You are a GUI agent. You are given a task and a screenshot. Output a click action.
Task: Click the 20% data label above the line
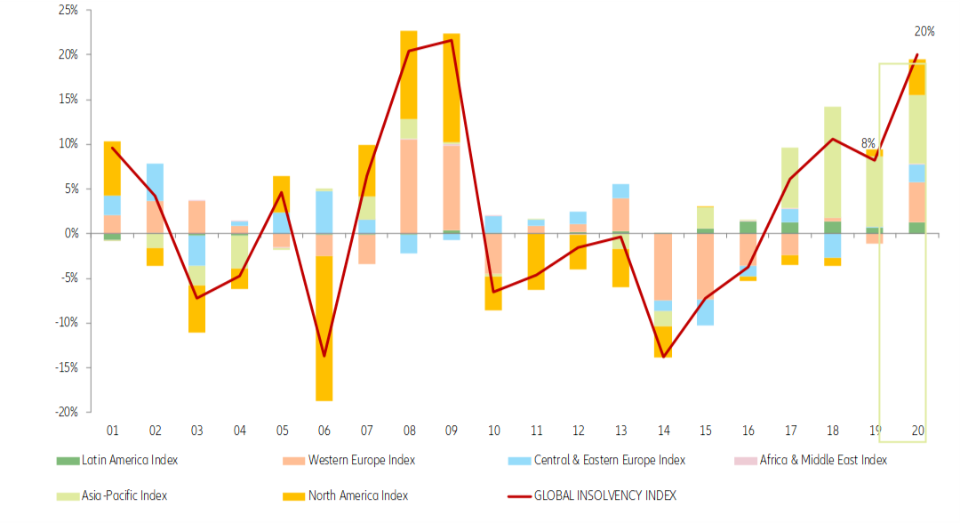point(924,31)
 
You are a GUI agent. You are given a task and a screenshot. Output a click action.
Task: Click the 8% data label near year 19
point(868,142)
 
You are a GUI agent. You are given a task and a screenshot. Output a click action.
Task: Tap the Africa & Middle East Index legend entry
point(822,460)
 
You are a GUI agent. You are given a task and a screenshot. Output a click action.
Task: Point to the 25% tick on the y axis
point(68,11)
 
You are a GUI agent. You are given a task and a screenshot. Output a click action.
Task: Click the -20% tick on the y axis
point(65,412)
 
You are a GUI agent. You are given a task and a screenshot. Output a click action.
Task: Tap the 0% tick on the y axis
point(70,233)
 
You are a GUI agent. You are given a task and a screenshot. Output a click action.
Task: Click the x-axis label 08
point(409,430)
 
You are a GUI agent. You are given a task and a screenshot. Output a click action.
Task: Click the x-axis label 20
point(916,430)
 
